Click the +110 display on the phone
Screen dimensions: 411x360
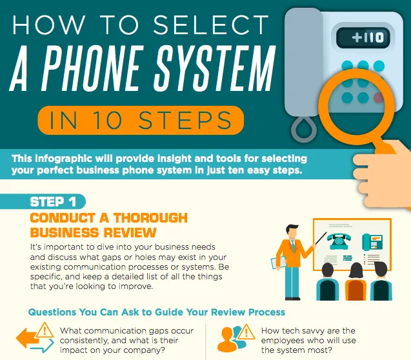coord(363,37)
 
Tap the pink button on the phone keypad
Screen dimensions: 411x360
coord(378,97)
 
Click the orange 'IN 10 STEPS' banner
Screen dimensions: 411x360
coord(141,120)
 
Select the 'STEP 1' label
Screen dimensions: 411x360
coord(53,202)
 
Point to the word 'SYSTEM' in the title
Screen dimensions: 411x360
coord(214,68)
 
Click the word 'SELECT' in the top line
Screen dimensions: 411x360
coord(211,25)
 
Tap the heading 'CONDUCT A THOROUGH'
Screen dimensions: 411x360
coord(109,218)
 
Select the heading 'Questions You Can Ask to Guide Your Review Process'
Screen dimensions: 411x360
coord(157,312)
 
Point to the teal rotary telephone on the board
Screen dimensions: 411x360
coord(339,241)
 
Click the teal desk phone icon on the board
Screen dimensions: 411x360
coord(372,242)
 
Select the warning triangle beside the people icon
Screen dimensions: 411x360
coord(246,332)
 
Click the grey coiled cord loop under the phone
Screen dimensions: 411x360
coord(304,129)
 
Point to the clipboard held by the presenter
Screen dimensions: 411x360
coord(278,263)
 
